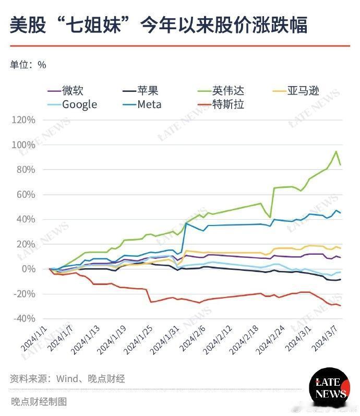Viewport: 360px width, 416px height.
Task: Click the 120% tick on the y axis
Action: pyautogui.click(x=23, y=120)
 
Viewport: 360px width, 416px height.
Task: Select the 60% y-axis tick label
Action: pyautogui.click(x=26, y=195)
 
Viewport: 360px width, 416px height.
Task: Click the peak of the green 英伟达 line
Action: pyautogui.click(x=336, y=151)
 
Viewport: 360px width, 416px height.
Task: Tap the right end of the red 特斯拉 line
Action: pyautogui.click(x=341, y=305)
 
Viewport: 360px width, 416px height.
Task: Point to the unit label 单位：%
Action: pyautogui.click(x=28, y=65)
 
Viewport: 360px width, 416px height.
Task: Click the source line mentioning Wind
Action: pyautogui.click(x=67, y=378)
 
